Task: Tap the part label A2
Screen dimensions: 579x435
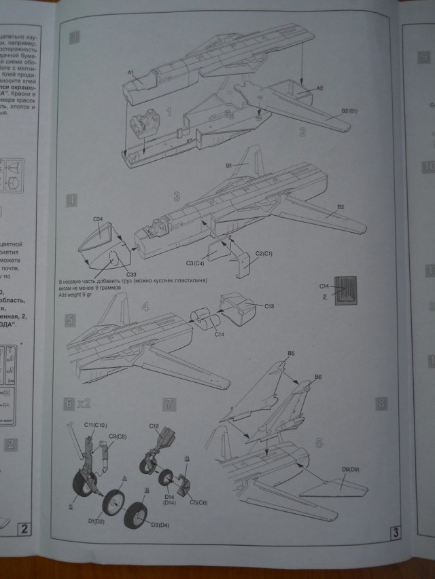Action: (x=320, y=88)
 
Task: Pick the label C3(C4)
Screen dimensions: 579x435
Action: (x=195, y=263)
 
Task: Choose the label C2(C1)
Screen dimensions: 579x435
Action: (x=263, y=254)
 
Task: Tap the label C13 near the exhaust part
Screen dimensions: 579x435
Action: (x=270, y=306)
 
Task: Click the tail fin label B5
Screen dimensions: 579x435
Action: (x=291, y=354)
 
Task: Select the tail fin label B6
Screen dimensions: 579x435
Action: (x=318, y=376)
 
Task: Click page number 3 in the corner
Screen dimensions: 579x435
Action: (x=396, y=533)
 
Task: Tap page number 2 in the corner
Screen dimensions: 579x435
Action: (x=24, y=527)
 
